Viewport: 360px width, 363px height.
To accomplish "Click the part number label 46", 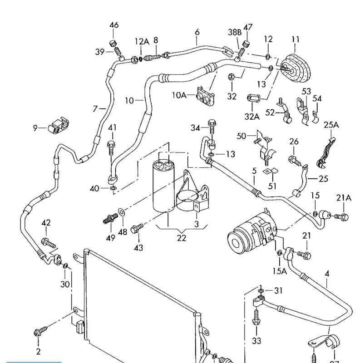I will [x=113, y=25].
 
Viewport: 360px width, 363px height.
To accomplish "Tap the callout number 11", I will [x=296, y=39].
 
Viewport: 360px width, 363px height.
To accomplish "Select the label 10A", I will [x=179, y=95].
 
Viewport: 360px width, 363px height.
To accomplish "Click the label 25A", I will [x=331, y=125].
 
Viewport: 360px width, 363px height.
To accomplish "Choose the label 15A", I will [x=280, y=271].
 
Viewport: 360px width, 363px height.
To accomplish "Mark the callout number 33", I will [x=256, y=341].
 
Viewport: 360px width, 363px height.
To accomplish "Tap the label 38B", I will [x=234, y=31].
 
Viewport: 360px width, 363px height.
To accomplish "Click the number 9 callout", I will [x=35, y=128].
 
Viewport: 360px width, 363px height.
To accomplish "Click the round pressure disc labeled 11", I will [x=296, y=66].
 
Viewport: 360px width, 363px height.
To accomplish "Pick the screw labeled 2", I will [x=38, y=333].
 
